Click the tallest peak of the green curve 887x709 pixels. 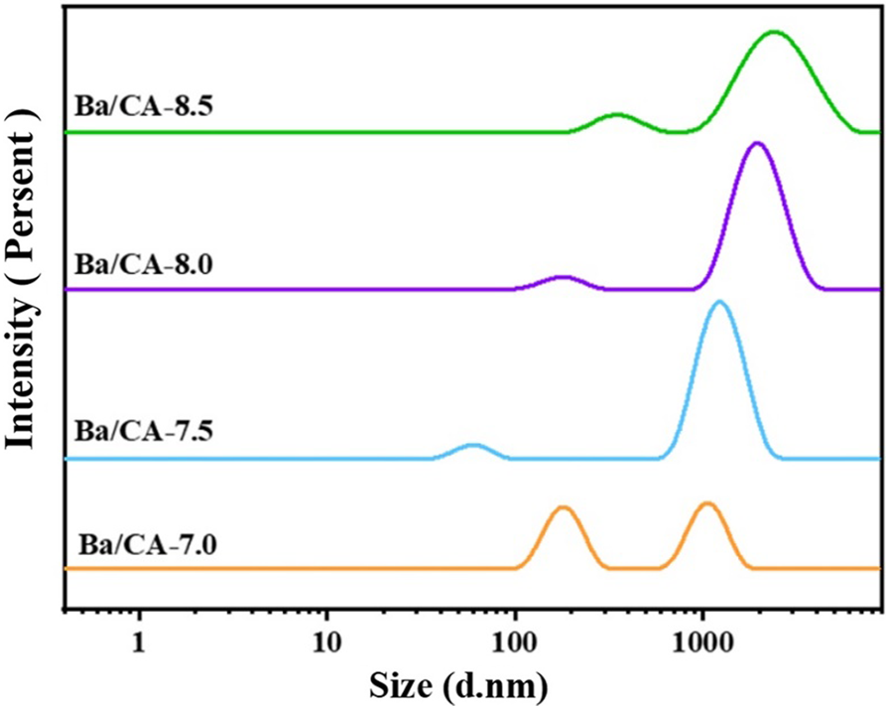tap(774, 32)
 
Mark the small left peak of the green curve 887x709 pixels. tap(617, 115)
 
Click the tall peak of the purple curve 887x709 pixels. tap(757, 143)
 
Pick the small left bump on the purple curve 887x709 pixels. tap(563, 278)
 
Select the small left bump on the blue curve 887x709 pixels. tap(472, 446)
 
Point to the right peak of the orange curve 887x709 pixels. tap(706, 503)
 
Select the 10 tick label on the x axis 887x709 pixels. tap(326, 636)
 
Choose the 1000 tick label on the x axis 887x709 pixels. tap(702, 636)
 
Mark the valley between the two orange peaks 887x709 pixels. tap(635, 568)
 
